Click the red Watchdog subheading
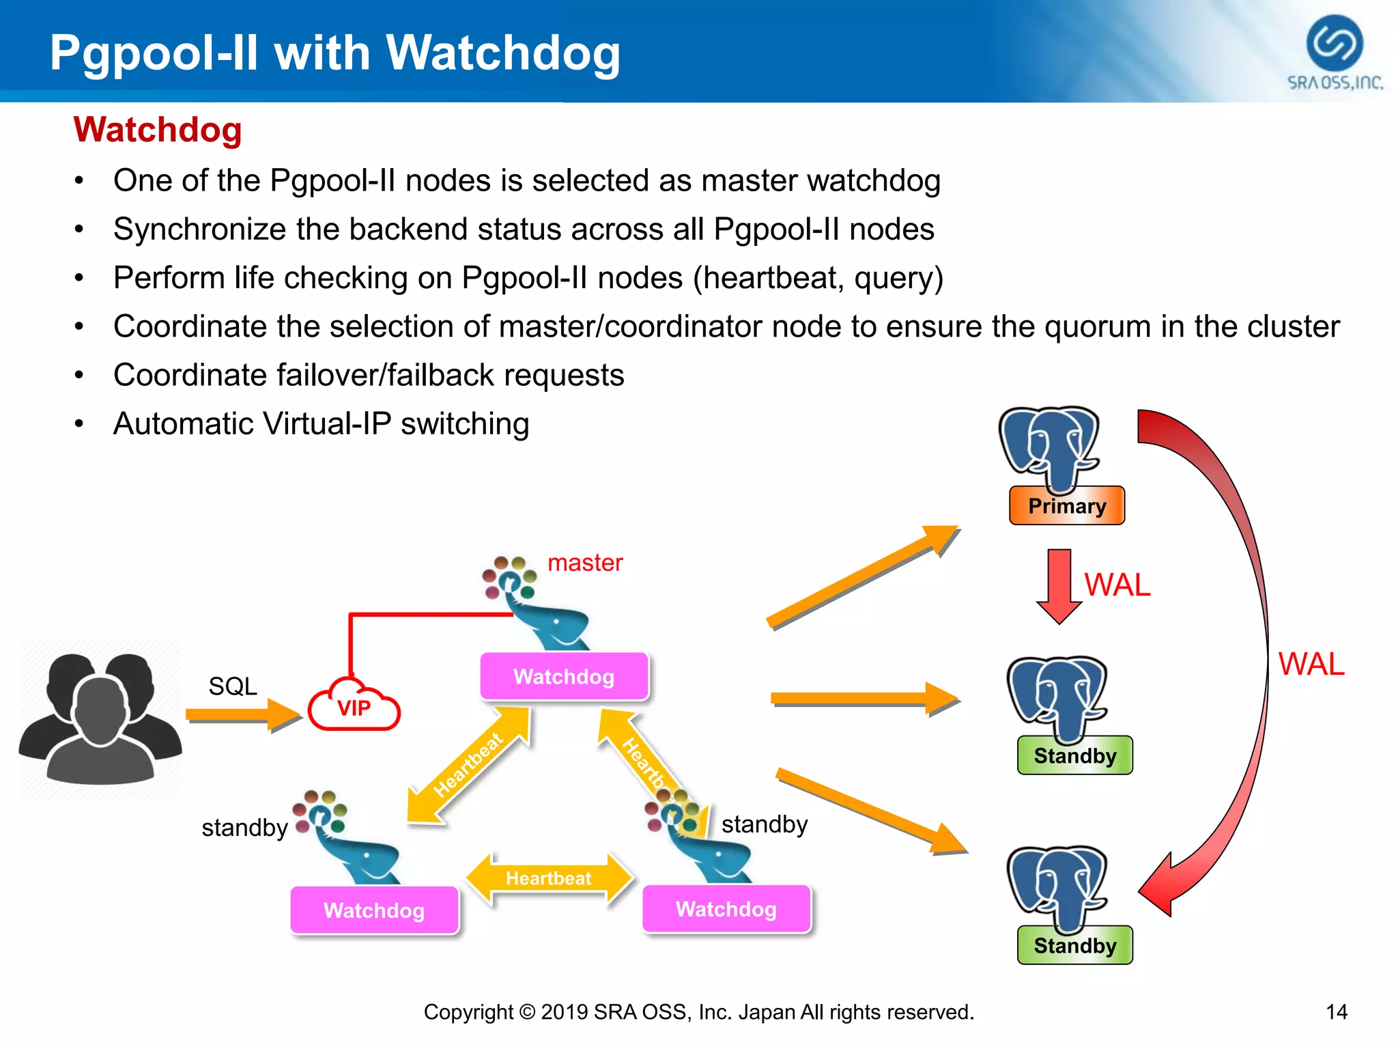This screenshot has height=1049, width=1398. click(158, 130)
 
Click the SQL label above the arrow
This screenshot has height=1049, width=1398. click(233, 686)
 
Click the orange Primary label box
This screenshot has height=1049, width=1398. click(1066, 506)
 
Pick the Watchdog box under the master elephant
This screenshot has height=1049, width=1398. click(564, 677)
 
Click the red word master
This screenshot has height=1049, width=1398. click(585, 563)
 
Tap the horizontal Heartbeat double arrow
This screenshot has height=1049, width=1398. click(549, 878)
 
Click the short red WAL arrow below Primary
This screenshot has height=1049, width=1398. click(1059, 585)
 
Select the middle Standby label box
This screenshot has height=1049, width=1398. click(1074, 756)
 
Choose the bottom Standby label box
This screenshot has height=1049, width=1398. click(1074, 946)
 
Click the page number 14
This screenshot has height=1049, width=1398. click(1336, 1011)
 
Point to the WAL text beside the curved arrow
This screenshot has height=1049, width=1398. click(1311, 664)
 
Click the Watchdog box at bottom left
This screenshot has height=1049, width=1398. click(374, 910)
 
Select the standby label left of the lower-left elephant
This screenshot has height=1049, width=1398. click(244, 828)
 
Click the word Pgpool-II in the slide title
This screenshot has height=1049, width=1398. click(154, 53)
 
